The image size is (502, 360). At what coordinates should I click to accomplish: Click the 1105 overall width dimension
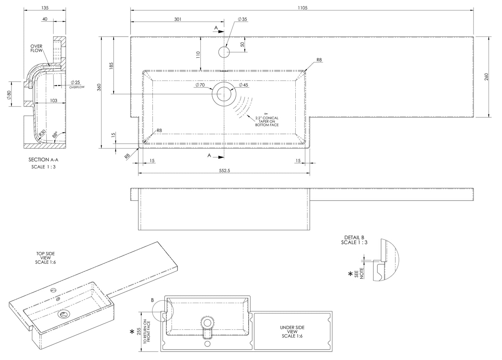(302, 7)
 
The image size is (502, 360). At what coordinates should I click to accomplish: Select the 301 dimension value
(178, 19)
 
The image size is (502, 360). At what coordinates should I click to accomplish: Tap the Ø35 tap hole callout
(242, 19)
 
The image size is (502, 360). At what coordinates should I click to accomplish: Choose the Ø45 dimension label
(244, 85)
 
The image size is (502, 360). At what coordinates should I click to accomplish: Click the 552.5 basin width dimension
(224, 170)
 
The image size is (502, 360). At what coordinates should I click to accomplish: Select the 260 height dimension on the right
(486, 77)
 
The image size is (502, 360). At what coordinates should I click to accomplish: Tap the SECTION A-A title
(44, 160)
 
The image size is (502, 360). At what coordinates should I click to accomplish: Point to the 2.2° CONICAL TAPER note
(267, 121)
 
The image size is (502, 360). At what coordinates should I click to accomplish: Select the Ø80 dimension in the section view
(9, 94)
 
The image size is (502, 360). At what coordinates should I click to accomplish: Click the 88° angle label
(55, 135)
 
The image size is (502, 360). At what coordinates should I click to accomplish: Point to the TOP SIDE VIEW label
(45, 258)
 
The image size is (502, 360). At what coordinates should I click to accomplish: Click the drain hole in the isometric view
(64, 315)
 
